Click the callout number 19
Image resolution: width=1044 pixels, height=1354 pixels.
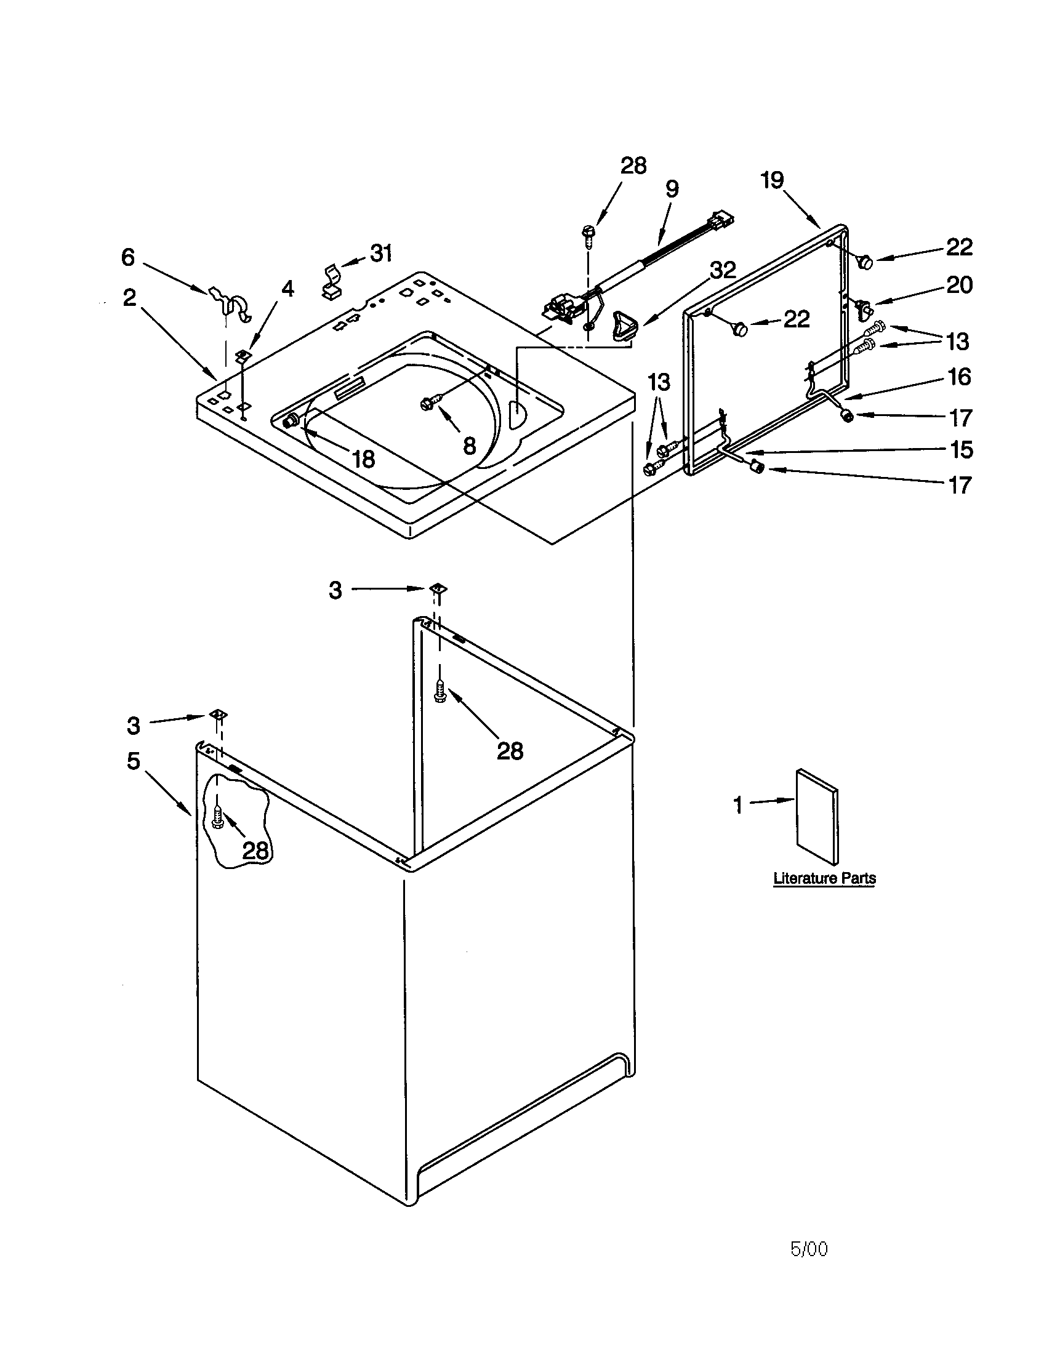(773, 180)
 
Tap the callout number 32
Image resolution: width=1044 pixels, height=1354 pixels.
(723, 270)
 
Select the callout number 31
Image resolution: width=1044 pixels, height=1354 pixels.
(380, 253)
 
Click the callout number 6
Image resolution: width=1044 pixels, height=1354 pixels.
(127, 257)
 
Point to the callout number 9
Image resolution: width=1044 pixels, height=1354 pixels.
(672, 188)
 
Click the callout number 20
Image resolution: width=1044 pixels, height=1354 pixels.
(959, 285)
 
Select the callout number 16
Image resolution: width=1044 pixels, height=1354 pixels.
(960, 376)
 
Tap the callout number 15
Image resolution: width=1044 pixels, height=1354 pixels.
(961, 449)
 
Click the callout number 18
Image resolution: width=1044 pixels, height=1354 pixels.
(363, 459)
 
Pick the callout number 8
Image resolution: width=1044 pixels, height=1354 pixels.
(469, 445)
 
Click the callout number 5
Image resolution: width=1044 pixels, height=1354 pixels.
(134, 761)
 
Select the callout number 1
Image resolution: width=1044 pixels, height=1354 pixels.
(737, 806)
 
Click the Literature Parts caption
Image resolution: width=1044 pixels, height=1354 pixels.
(824, 878)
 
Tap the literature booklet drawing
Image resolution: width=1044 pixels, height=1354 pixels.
(817, 816)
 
